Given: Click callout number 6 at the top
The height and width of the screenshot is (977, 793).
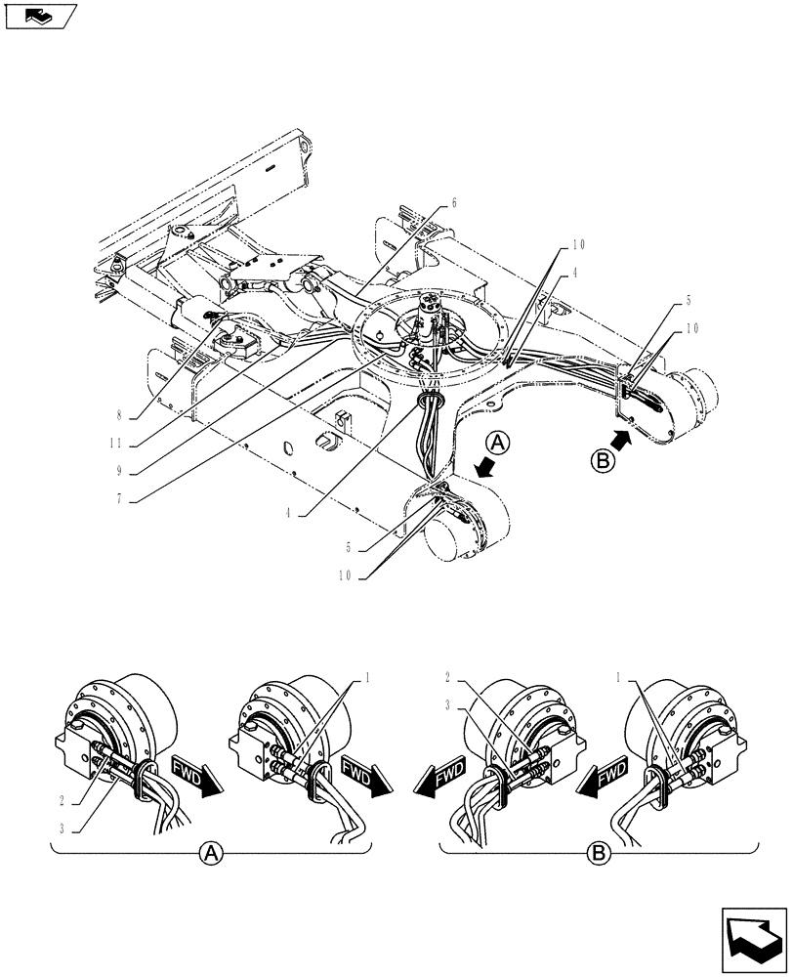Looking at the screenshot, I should point(454,203).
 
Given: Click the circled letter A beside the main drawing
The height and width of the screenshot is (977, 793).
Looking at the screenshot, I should point(498,445).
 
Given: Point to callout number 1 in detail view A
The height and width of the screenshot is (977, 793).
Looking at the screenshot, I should point(369,677).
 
